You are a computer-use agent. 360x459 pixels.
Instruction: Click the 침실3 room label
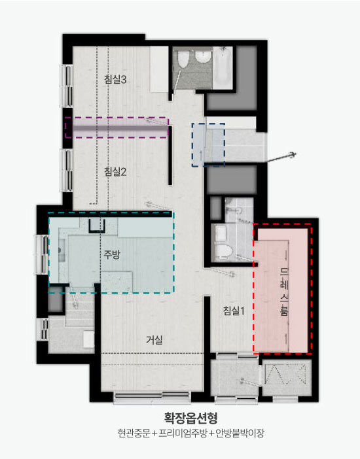[x=115, y=79]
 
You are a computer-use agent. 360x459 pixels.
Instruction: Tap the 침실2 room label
[x=115, y=171]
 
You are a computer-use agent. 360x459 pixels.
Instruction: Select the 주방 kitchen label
[x=112, y=254]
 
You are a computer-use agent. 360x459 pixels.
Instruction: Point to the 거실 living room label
[x=154, y=340]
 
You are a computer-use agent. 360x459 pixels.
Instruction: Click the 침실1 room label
[x=234, y=311]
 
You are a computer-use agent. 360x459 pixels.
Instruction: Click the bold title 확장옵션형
[x=191, y=418]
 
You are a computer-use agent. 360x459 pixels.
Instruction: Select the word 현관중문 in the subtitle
[x=134, y=433]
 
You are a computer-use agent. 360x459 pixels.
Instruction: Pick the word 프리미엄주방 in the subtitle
[x=183, y=433]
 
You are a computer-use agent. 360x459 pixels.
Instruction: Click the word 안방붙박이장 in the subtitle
[x=240, y=433]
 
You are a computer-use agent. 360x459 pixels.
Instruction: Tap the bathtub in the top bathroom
[x=223, y=67]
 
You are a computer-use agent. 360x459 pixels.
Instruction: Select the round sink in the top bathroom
[x=203, y=56]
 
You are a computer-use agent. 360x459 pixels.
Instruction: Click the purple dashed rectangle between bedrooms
[x=117, y=127]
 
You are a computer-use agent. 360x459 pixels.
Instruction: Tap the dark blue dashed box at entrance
[x=208, y=145]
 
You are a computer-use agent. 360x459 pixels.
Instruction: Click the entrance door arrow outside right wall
[x=281, y=158]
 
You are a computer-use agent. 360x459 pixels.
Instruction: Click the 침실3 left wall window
[x=67, y=86]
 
